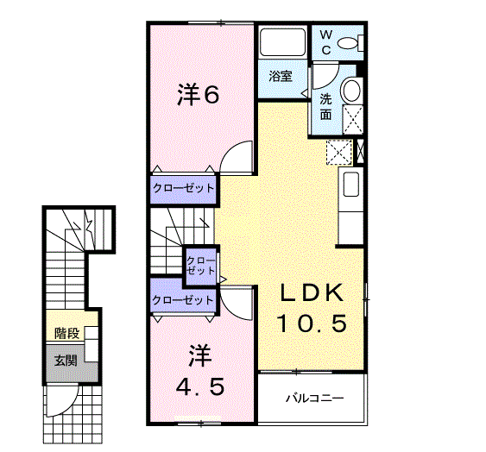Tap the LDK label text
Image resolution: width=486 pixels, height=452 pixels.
311,293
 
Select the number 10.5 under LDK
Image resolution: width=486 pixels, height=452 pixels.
312,324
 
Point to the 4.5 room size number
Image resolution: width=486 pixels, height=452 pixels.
200,386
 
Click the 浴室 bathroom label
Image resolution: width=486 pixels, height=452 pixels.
281,76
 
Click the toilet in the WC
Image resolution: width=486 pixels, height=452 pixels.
349,43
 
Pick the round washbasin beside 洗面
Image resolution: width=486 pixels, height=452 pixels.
350,91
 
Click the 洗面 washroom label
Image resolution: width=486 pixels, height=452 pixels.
326,105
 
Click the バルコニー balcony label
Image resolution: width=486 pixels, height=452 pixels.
315,399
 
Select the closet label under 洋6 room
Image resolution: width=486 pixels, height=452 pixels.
183,187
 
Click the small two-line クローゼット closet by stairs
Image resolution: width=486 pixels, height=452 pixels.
200,265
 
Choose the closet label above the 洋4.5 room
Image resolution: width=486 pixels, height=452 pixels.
183,300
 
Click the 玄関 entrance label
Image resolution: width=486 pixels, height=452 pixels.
66,360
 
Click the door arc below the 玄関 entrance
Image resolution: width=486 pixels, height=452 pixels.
60,398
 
